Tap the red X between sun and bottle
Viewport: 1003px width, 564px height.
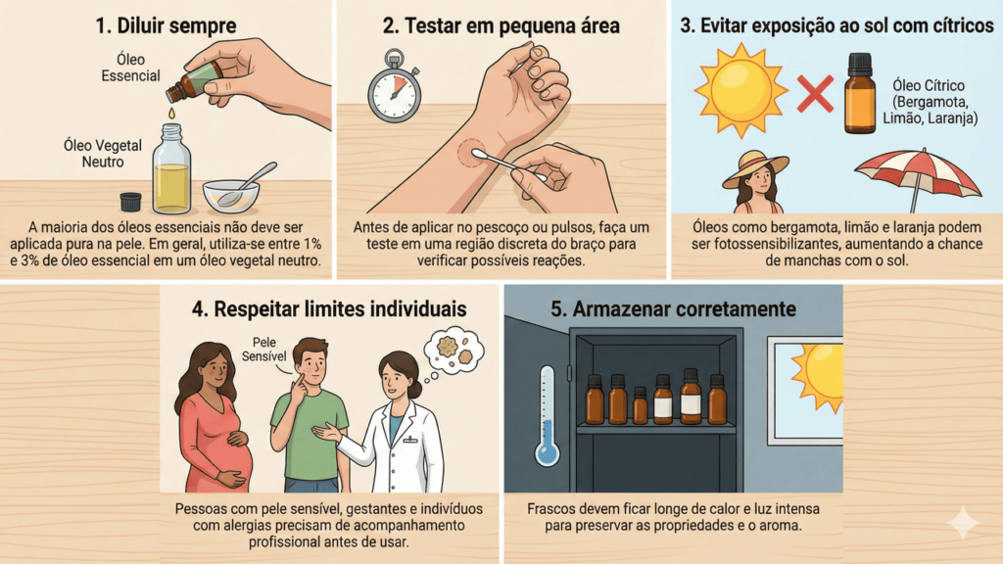point(814,93)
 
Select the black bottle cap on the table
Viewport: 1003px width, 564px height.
point(130,202)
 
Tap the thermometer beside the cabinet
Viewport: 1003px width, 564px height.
point(547,415)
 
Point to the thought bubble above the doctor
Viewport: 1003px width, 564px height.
point(454,350)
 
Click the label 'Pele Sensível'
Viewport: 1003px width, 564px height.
point(263,350)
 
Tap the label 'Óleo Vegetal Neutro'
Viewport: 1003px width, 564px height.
point(102,154)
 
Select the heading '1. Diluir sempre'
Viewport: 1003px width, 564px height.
point(166,26)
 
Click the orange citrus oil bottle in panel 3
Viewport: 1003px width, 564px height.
point(860,93)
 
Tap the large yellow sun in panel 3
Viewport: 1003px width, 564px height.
point(740,91)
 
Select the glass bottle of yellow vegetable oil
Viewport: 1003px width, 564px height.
point(171,169)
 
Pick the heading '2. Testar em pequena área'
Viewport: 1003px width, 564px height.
point(501,26)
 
